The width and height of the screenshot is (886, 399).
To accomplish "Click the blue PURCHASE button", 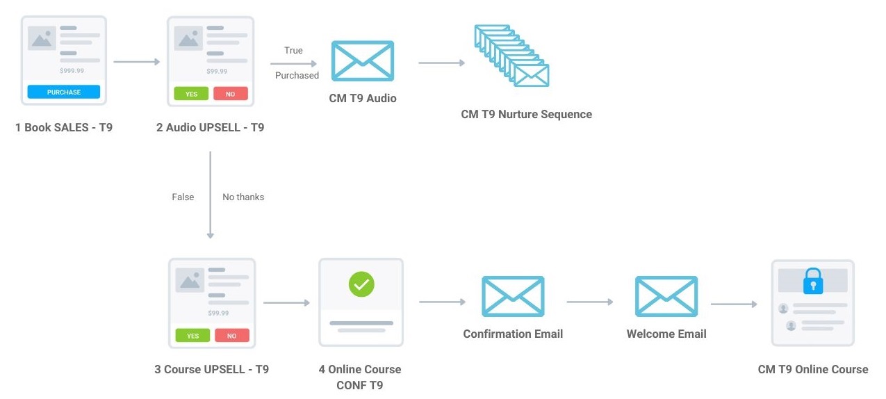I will tap(64, 92).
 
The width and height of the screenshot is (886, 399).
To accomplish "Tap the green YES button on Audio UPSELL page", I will tap(191, 94).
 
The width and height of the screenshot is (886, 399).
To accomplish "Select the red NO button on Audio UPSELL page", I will tap(231, 94).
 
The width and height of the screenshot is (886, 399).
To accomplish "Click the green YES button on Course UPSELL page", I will tap(192, 336).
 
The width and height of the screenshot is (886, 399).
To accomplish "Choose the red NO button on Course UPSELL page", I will tap(232, 336).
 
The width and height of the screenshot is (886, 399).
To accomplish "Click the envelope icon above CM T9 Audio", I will tap(363, 60).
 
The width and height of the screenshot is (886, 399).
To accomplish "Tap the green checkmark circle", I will tap(361, 284).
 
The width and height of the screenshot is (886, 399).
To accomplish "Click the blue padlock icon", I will tap(812, 281).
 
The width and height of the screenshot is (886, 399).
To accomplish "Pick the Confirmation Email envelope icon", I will tap(513, 296).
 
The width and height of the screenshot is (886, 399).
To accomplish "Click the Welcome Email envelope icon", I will tap(666, 296).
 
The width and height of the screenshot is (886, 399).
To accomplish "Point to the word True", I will tap(293, 50).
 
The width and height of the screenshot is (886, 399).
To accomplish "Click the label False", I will tap(183, 197).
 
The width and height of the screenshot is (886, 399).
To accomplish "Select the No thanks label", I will tap(243, 197).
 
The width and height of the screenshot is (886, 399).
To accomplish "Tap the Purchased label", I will tap(297, 75).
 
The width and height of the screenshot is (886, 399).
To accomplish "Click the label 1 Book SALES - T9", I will tap(64, 128).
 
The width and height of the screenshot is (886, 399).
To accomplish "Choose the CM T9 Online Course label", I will tap(813, 369).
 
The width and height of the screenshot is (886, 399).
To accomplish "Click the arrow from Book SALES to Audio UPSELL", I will tap(137, 63).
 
